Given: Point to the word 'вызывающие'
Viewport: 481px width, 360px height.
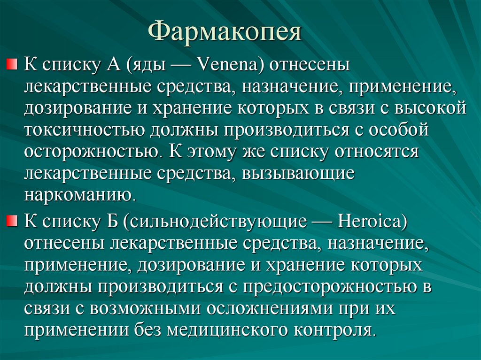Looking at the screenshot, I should (x=298, y=173).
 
